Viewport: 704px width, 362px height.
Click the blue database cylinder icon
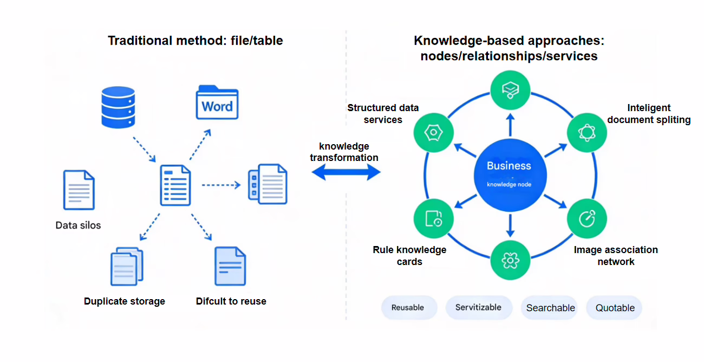click(118, 107)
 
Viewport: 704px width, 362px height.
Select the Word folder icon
click(217, 102)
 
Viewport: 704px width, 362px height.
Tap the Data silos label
click(78, 225)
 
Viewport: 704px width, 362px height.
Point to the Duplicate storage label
click(125, 301)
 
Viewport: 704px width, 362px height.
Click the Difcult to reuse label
click(231, 301)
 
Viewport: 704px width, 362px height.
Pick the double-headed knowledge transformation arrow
click(346, 172)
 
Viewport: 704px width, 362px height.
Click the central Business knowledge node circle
click(509, 172)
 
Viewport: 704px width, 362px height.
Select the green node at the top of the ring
click(510, 89)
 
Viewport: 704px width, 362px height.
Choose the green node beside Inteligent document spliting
click(587, 132)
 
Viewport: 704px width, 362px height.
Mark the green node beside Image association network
click(587, 218)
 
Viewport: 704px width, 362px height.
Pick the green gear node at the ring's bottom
click(510, 261)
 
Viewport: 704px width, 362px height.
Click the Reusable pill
click(408, 307)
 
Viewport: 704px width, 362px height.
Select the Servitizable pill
click(478, 307)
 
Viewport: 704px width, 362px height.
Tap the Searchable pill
click(550, 308)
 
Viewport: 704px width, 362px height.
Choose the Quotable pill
click(615, 308)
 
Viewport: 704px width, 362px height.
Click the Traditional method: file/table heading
click(195, 41)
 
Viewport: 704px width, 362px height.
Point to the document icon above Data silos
click(79, 190)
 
